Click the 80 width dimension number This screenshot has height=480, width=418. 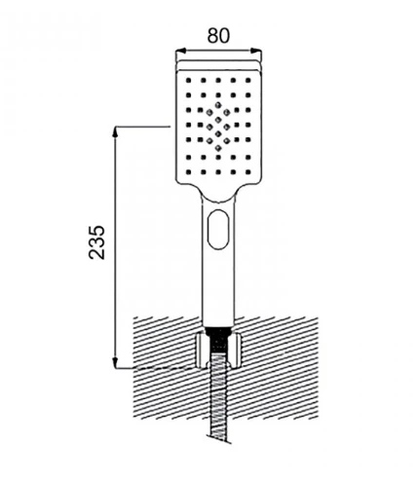click(x=218, y=35)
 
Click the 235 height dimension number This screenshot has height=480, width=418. click(x=96, y=242)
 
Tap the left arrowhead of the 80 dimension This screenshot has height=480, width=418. click(x=180, y=51)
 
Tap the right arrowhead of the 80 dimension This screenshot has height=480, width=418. click(x=256, y=51)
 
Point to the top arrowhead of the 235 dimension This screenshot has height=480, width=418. click(x=115, y=131)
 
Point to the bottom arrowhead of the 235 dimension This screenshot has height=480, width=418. click(x=115, y=363)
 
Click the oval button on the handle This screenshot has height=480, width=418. click(x=218, y=229)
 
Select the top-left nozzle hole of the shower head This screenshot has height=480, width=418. click(x=188, y=80)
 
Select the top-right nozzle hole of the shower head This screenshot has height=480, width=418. click(x=248, y=80)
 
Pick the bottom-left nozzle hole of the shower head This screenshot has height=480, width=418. click(x=188, y=172)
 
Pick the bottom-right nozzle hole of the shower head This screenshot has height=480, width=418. click(x=248, y=172)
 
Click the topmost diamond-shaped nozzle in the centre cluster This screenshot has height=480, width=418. click(x=218, y=105)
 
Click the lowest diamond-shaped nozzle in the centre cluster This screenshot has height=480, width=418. click(x=218, y=148)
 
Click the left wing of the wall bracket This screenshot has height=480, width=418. click(x=201, y=351)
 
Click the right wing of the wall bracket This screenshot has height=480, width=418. click(x=235, y=351)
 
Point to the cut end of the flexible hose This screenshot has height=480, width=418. click(x=220, y=440)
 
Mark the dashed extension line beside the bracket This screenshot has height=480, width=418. click(x=165, y=368)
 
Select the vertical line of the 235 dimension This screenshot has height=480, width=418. click(x=115, y=247)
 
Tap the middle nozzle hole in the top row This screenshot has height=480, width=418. click(x=218, y=80)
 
